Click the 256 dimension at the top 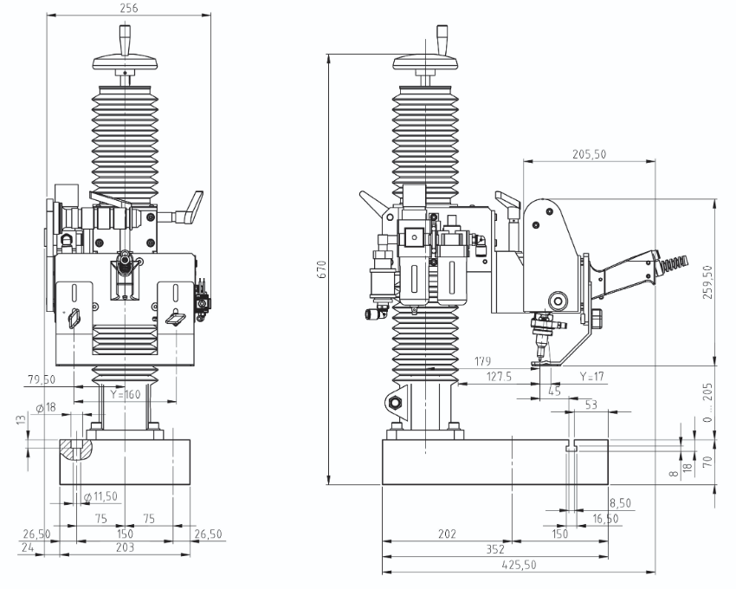tap(129, 8)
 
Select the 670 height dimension tap(322, 269)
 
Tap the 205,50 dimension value tap(589, 154)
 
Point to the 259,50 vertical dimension tap(707, 282)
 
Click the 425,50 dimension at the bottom tap(519, 565)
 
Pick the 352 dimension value tap(495, 549)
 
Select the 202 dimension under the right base tap(447, 534)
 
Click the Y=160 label tap(126, 394)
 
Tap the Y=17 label tap(591, 377)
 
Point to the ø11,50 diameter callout tap(100, 496)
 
